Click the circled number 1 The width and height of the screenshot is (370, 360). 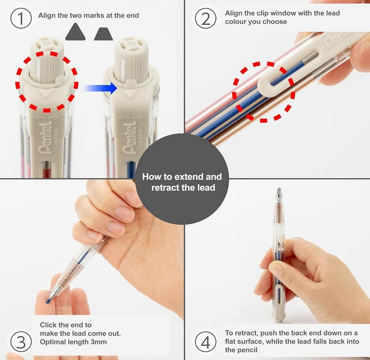pos(21,19)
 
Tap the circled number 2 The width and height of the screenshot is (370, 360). pos(206,19)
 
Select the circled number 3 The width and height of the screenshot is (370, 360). pos(21,342)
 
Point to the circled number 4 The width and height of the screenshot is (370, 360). pos(206,342)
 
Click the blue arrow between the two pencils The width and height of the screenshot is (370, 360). pos(101,88)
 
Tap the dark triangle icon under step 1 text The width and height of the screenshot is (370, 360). pos(75,32)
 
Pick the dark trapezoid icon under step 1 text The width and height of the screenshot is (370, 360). pos(103,34)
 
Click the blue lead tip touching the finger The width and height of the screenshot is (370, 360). pos(48,301)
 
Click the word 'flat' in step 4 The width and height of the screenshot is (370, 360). pos(231,341)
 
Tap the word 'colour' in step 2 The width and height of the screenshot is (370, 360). pos(236,21)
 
